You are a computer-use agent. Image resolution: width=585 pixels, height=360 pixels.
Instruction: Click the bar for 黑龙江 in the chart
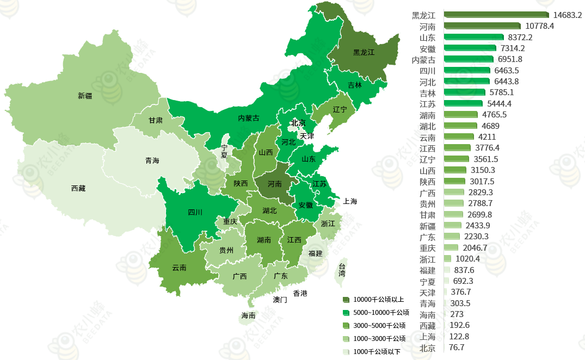(496, 15)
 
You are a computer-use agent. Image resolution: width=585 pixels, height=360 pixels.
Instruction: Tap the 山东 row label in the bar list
(427, 38)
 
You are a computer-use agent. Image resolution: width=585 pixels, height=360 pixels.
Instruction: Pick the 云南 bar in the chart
(459, 137)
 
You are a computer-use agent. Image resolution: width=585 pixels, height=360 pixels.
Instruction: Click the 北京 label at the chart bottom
(427, 348)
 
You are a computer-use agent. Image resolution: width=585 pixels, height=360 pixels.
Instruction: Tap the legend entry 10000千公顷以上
(378, 299)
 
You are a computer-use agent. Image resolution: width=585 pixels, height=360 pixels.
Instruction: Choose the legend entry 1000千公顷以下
(377, 352)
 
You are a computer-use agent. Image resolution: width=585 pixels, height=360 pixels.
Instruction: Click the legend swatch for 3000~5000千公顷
(346, 326)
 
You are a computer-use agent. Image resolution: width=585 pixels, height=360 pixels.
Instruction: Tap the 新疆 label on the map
(85, 96)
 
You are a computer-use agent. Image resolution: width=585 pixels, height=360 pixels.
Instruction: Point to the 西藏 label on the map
(78, 188)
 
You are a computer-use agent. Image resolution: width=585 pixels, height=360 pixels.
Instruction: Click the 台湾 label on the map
(342, 270)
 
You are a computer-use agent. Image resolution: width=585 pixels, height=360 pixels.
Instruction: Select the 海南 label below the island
(249, 315)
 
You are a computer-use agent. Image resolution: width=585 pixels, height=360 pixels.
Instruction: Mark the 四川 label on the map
(195, 212)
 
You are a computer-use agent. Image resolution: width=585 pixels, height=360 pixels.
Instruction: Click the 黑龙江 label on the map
(364, 53)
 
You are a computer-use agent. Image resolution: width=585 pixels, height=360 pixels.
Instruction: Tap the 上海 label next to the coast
(350, 201)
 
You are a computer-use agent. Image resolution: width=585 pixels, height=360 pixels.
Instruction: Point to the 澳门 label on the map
(280, 300)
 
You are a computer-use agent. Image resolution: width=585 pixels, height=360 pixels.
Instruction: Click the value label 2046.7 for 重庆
(476, 248)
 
